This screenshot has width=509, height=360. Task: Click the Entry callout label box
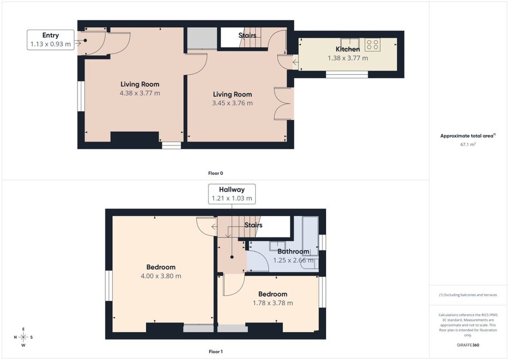tap(51, 40)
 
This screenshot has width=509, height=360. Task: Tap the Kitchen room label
tap(348, 50)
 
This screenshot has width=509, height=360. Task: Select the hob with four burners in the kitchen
tap(372, 45)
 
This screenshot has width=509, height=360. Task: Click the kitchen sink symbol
tap(350, 42)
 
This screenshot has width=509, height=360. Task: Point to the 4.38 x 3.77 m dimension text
tap(140, 93)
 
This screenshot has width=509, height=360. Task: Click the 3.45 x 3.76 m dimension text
tap(232, 103)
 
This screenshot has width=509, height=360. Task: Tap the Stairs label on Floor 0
tap(248, 35)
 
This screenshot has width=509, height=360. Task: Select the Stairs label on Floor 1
tap(253, 225)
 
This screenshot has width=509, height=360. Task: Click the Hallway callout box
tap(232, 194)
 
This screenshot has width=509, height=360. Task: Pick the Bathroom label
tap(293, 251)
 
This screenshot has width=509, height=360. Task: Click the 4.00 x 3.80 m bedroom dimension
tap(161, 276)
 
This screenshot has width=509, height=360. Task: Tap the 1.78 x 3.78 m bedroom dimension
tap(273, 303)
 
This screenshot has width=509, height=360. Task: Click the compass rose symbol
tap(23, 337)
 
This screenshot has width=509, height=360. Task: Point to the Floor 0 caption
tap(216, 173)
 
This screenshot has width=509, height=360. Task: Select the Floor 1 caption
tap(216, 352)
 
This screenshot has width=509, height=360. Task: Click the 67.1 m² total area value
tap(468, 144)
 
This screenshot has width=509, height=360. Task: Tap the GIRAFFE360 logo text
tap(468, 345)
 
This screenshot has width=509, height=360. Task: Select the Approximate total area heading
tap(468, 135)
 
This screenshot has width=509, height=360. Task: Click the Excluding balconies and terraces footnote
tap(468, 295)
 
